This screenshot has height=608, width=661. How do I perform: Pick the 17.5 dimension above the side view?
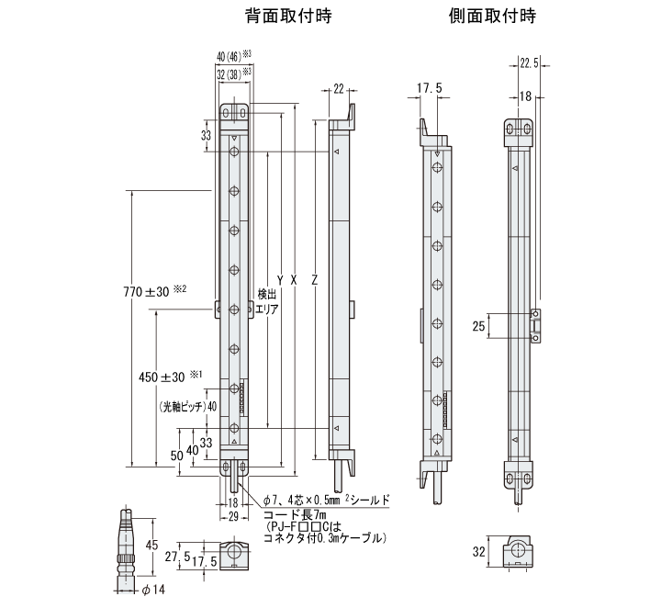click(430, 89)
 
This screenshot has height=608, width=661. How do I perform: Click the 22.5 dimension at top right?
click(530, 62)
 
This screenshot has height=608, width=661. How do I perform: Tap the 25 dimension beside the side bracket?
click(478, 326)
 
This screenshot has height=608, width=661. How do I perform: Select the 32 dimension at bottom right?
click(477, 552)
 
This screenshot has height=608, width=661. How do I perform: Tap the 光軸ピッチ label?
click(182, 407)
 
